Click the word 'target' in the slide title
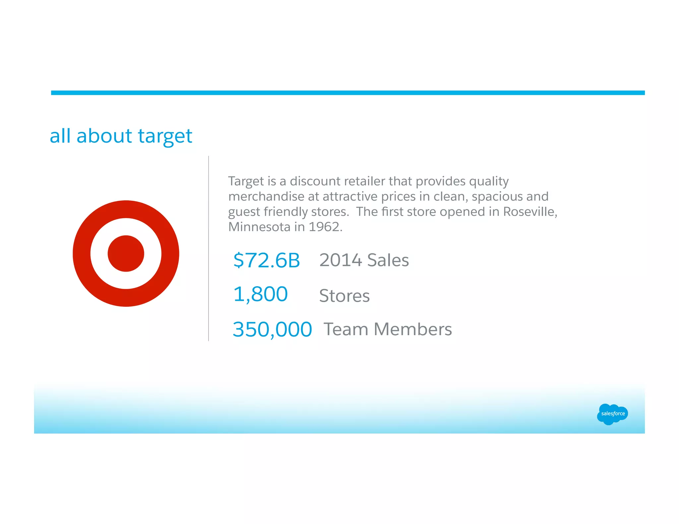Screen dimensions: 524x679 (x=165, y=136)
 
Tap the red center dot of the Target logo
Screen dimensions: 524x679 (x=126, y=254)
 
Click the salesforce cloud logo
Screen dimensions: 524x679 (x=612, y=414)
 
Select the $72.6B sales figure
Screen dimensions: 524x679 (x=267, y=260)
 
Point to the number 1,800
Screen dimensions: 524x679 (x=260, y=294)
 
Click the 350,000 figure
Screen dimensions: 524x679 (x=272, y=330)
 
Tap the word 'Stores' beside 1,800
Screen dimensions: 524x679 (x=344, y=296)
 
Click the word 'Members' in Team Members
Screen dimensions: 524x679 (x=412, y=330)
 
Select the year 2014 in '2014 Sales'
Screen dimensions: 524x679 (x=340, y=260)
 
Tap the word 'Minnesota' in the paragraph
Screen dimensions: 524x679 (x=259, y=227)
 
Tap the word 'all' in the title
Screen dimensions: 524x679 (x=60, y=136)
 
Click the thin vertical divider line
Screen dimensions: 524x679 (x=209, y=248)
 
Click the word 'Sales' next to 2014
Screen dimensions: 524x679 (x=388, y=260)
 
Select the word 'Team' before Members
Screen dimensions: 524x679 (x=346, y=330)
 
